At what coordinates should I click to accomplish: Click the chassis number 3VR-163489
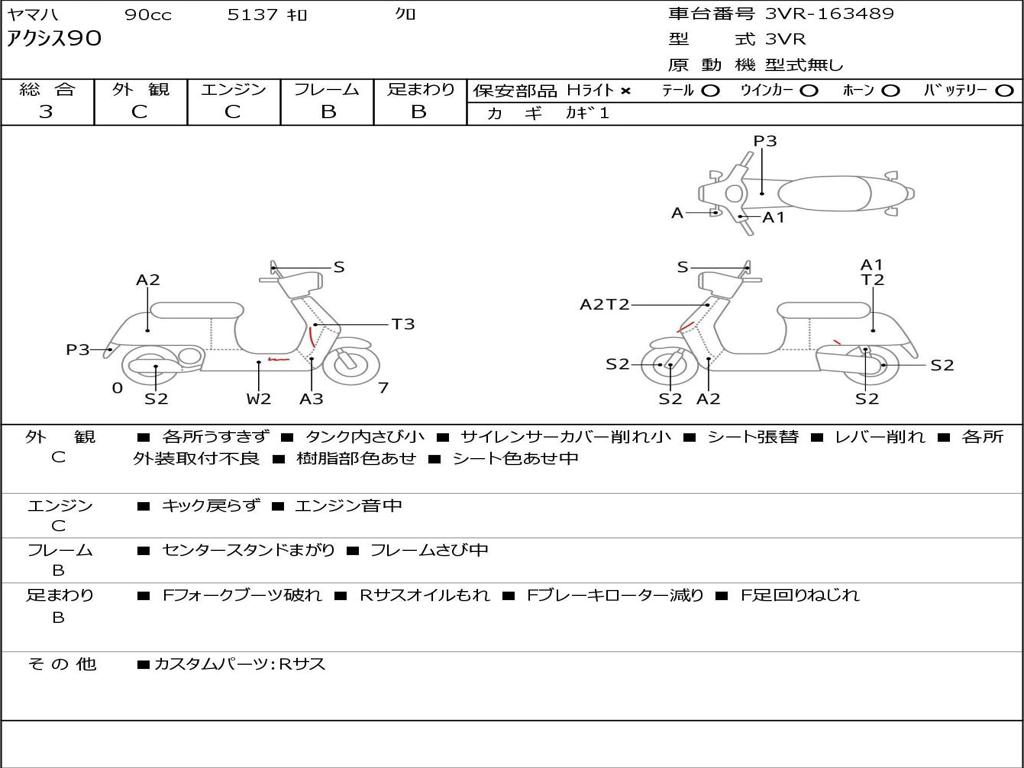829,14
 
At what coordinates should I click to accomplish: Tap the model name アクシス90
54,40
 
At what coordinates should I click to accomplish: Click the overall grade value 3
46,112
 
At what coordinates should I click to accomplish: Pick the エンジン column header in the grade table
233,90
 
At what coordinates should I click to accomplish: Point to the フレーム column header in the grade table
327,90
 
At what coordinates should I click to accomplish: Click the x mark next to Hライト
625,91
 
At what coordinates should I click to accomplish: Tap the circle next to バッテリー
1004,91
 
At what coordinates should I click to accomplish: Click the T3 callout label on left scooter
402,324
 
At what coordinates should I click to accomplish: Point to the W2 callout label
259,399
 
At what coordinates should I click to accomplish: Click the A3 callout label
311,399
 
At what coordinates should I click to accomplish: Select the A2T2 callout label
604,304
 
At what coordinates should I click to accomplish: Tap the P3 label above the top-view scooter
765,141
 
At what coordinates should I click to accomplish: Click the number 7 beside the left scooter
384,388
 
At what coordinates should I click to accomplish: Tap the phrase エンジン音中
348,506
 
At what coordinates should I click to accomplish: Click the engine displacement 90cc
148,15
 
